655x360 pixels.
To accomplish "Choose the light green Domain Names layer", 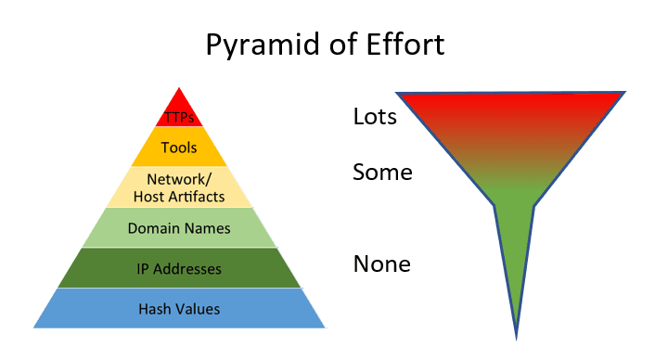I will coord(179,228).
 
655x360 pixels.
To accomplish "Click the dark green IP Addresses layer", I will coord(179,268).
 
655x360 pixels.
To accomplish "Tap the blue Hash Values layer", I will coord(179,309).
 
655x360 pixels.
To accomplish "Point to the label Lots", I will coord(376,117).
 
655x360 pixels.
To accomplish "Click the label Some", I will coord(382,173).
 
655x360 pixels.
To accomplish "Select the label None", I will coord(381,264).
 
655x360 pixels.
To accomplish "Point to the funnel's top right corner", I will coord(624,93).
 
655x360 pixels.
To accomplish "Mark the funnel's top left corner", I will coord(399,94).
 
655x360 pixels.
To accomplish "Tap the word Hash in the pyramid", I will coord(153,309).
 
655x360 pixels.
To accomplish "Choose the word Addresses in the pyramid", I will coord(188,268).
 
